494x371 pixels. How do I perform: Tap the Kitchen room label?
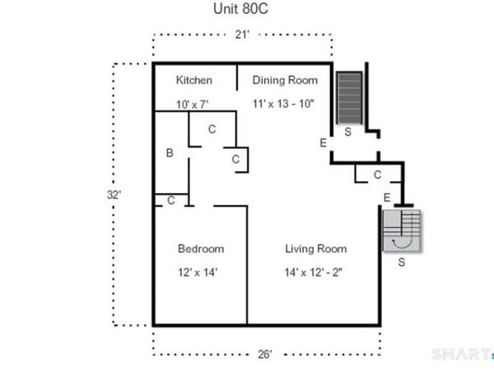(x=194, y=80)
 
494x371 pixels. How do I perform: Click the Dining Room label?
(x=285, y=80)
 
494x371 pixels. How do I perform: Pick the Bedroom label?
(x=201, y=248)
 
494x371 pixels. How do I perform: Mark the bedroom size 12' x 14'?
(x=198, y=271)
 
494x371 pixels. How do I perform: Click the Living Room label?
(x=315, y=248)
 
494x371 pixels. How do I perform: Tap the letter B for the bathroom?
(x=169, y=153)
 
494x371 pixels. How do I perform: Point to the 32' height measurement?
(x=114, y=195)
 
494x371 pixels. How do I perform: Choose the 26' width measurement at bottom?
(x=266, y=355)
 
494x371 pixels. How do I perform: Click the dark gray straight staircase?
(x=349, y=96)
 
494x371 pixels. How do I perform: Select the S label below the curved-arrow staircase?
(x=401, y=263)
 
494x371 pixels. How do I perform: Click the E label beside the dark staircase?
(x=323, y=143)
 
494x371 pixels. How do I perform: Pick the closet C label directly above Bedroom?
(x=170, y=200)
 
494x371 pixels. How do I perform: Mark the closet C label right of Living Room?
(x=377, y=174)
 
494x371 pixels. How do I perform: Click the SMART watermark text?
(x=458, y=355)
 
